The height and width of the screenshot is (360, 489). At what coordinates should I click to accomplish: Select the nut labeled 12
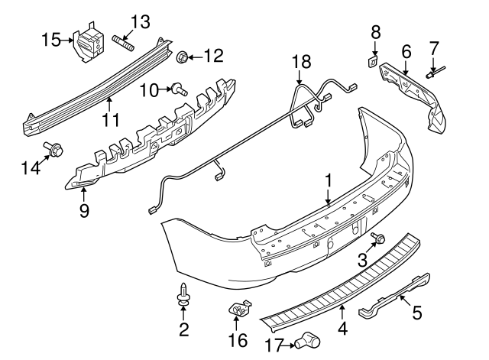coord(183,57)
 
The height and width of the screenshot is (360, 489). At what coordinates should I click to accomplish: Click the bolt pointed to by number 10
coord(176,89)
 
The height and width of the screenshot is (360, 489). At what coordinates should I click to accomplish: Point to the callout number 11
coord(112,120)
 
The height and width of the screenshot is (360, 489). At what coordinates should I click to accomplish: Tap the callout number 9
coord(83,209)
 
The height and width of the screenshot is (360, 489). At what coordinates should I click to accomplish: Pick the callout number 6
coord(406,52)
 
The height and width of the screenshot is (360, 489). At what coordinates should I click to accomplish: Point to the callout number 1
coord(329,181)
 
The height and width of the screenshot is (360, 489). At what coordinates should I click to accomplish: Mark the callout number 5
coord(416,312)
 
